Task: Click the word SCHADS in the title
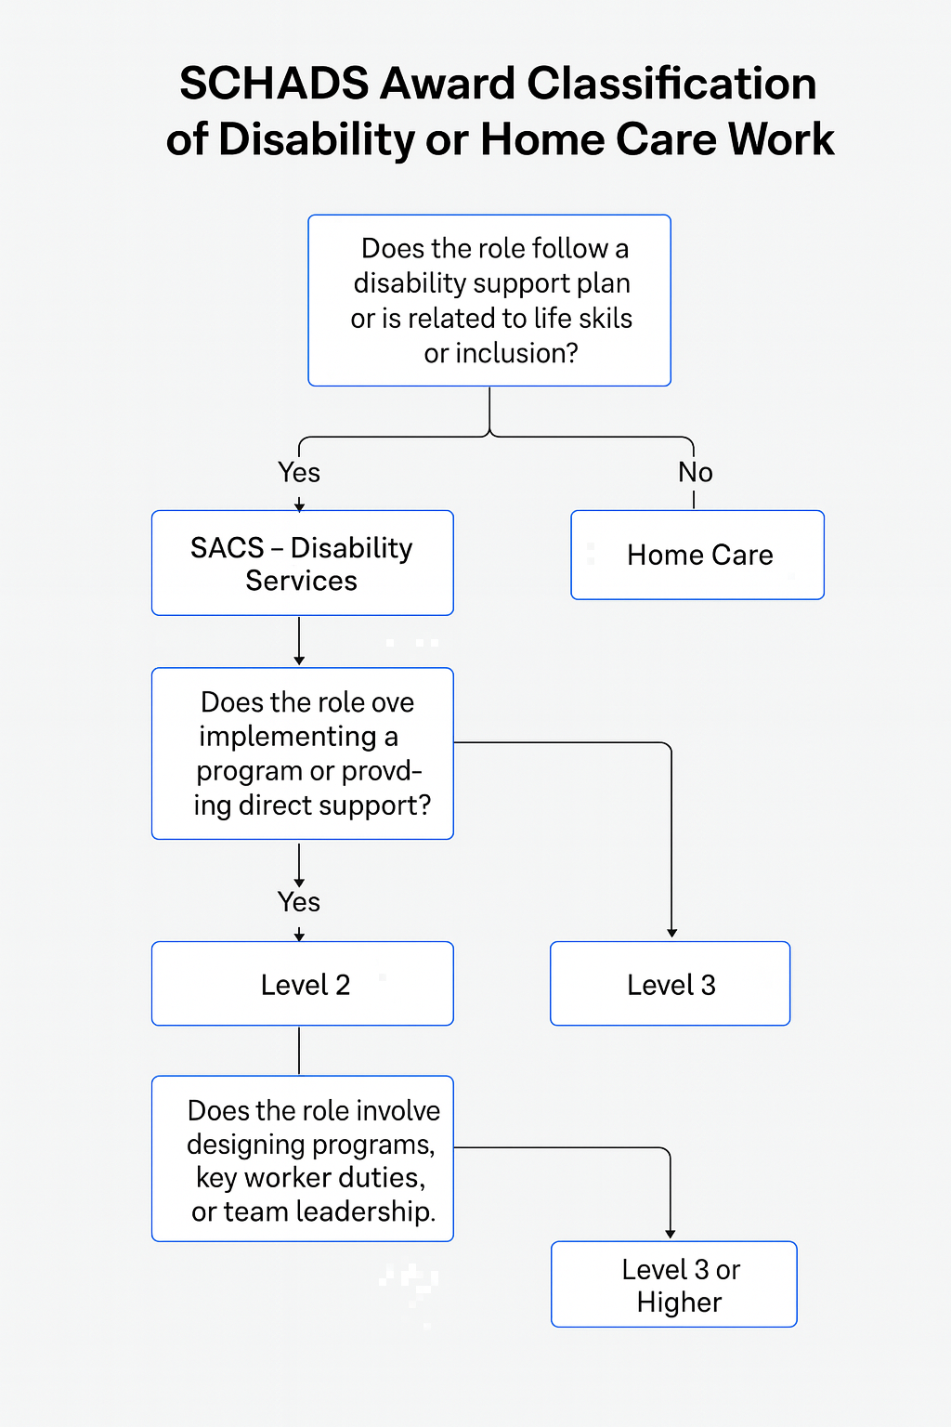pos(274,85)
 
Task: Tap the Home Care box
pos(698,555)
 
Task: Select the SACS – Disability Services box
pos(302,563)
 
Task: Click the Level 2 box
pos(302,984)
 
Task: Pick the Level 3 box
pos(671,984)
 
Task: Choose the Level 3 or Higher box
pos(675,1285)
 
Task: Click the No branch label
pos(695,472)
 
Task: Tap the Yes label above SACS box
pos(299,472)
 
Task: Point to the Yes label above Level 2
pos(299,901)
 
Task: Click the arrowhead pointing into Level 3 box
pos(671,933)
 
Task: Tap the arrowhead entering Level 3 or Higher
pos(670,1233)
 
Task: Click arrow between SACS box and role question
pos(299,641)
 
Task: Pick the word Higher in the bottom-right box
pos(679,1303)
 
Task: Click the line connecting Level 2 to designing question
pos(299,1051)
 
